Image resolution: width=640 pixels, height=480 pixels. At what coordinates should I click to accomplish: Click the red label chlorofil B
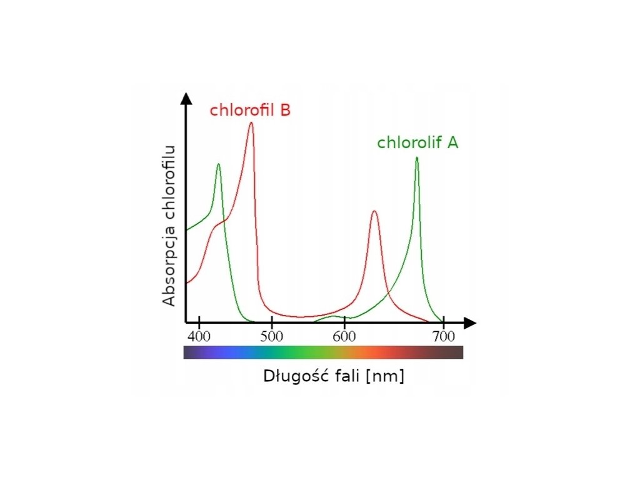[x=250, y=110]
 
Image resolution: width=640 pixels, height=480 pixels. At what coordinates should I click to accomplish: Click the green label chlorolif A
[x=417, y=142]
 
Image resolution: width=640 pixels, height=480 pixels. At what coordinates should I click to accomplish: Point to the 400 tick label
[x=199, y=337]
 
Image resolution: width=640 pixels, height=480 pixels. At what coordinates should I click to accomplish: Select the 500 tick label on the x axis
[x=271, y=337]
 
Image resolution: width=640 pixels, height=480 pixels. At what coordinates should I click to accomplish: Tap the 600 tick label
[x=344, y=337]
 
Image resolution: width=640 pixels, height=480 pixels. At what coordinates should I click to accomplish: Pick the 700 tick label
[x=443, y=337]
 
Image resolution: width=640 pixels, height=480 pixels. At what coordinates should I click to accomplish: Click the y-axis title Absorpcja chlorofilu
[x=169, y=226]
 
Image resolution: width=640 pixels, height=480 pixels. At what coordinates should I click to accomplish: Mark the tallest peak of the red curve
[x=251, y=123]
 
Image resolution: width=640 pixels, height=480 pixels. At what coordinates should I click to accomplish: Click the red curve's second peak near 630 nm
[x=374, y=212]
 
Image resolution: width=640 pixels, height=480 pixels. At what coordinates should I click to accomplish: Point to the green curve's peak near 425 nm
[x=218, y=165]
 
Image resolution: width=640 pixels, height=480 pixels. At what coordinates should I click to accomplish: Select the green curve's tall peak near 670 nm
[x=416, y=159]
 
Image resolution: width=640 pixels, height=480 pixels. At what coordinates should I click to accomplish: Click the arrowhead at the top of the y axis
[x=186, y=98]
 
